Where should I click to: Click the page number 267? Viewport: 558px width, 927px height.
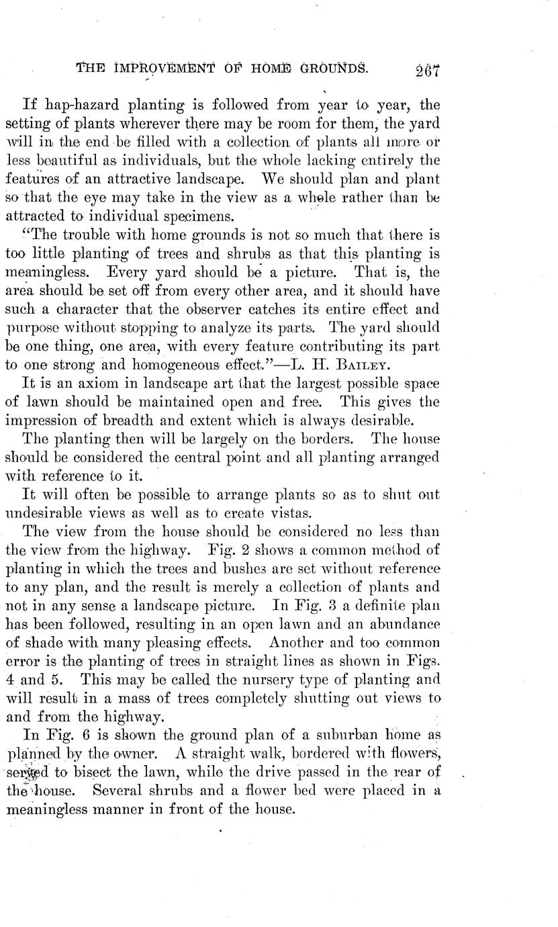[x=428, y=71]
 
